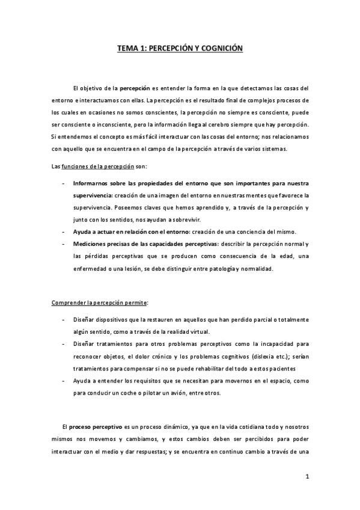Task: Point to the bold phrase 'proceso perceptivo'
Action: pyautogui.click(x=95, y=425)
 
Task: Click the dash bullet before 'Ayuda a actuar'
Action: pyautogui.click(x=64, y=232)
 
